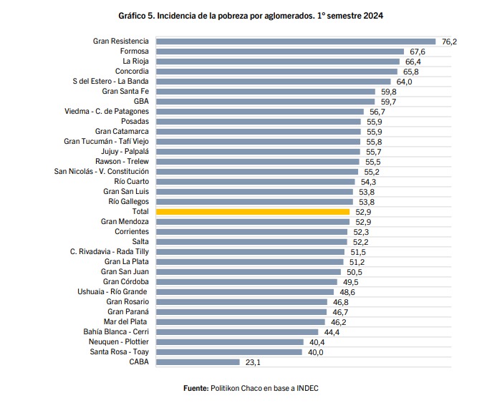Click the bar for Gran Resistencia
pos(296,42)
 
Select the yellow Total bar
pos(253,212)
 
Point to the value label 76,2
pos(450,42)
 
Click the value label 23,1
pos(254,363)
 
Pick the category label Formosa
pos(135,52)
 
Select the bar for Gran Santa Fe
pos(266,92)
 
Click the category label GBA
pos(141,102)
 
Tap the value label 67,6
pos(417,52)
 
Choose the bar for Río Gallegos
pos(254,202)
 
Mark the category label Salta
pos(140,242)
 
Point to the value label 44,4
pos(332,333)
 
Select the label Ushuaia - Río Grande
pos(113,292)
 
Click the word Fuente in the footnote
pos(196,388)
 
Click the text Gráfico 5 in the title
pos(139,15)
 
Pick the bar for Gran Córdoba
pos(246,282)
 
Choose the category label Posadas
pos(135,122)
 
